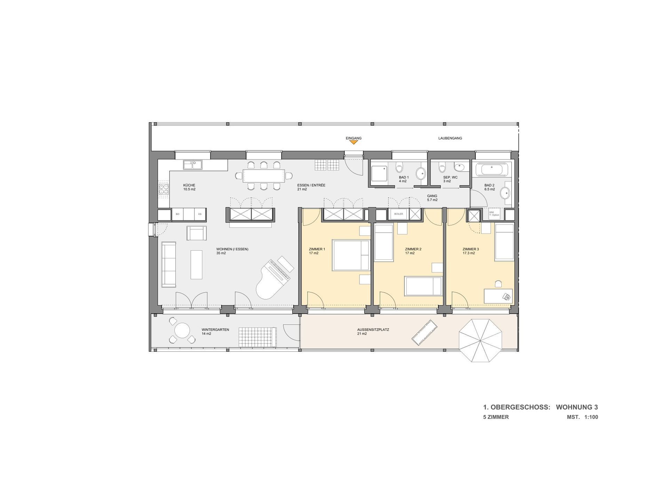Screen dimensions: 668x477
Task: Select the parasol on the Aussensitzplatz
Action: coord(480,341)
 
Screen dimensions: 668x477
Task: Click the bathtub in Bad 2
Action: coord(492,170)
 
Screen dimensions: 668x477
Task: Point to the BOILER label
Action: coord(398,214)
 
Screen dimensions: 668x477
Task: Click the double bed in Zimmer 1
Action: coord(351,255)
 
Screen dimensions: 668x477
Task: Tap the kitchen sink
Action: coord(193,164)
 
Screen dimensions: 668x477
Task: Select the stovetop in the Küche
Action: coord(164,189)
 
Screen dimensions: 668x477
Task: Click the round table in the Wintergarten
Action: coord(182,330)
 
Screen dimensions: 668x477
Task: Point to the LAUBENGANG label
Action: coord(450,138)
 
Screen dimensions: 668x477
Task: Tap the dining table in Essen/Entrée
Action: coord(263,176)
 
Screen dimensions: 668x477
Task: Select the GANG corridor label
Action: coord(432,196)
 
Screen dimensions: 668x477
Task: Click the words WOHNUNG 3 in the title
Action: coord(577,407)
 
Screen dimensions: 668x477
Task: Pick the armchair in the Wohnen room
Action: coord(197,233)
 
